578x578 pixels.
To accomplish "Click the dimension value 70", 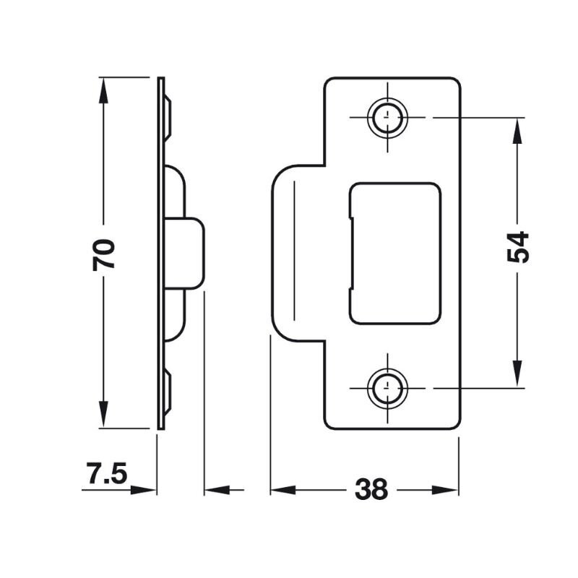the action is [x=103, y=254].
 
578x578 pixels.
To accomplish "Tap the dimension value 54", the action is [x=517, y=247].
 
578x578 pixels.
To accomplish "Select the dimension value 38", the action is [x=371, y=489].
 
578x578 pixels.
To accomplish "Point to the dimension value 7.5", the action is [x=107, y=473].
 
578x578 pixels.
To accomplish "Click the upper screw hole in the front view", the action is [x=387, y=118].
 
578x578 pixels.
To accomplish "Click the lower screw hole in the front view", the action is [x=387, y=389].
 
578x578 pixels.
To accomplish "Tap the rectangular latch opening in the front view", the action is [x=394, y=254].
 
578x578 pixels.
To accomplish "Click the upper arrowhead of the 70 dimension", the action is [x=103, y=90].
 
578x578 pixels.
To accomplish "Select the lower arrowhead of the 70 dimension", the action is [x=103, y=415].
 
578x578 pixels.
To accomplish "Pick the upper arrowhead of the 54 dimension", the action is [x=517, y=131].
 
